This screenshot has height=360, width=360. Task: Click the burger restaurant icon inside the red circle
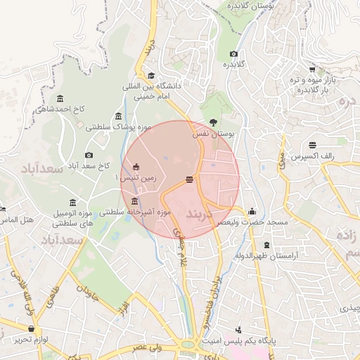(189, 179)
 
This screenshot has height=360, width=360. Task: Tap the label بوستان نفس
(216, 132)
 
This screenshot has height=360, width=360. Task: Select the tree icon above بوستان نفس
(214, 122)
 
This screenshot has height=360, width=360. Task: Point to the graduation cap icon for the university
(151, 76)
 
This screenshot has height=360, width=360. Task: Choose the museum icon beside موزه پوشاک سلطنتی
(118, 116)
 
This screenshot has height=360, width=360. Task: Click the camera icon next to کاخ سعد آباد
(89, 155)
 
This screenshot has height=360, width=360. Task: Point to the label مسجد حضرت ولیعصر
(252, 221)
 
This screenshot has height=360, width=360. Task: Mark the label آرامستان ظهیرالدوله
(267, 255)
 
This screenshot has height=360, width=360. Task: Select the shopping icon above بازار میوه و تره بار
(312, 68)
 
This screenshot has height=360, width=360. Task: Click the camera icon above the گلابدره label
(233, 54)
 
